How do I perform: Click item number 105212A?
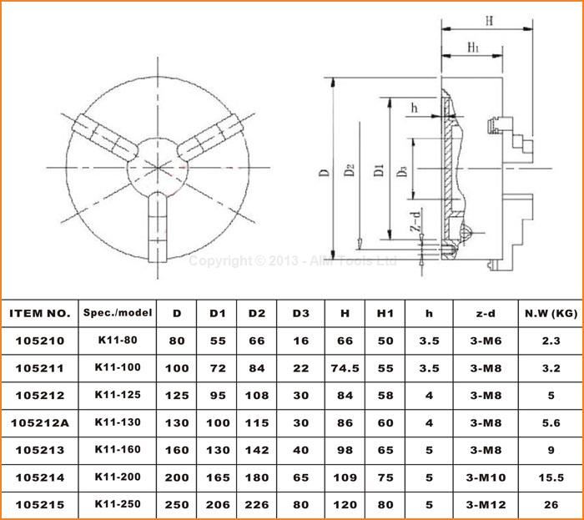39,423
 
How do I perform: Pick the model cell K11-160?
117,451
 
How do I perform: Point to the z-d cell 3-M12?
485,506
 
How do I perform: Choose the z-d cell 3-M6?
485,341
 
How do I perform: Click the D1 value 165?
218,478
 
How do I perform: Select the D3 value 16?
300,341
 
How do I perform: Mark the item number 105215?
39,506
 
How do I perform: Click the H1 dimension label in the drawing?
472,48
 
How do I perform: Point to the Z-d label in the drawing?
415,224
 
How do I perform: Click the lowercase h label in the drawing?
414,108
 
